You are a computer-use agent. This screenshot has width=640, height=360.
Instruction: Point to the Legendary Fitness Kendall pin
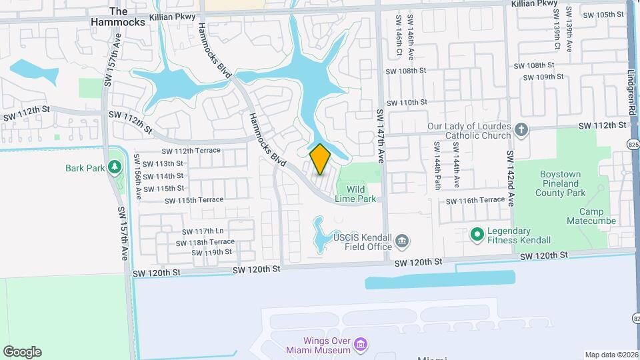pos(477,234)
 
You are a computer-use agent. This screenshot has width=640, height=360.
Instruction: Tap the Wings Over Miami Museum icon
pos(361,345)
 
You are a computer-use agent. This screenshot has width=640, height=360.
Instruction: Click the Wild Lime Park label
pos(361,194)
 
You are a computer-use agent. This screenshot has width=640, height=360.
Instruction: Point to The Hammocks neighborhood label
pos(118,17)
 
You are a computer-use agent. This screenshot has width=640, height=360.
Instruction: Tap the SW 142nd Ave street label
pos(510,178)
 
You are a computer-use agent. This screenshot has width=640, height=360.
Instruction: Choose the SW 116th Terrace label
pos(475,201)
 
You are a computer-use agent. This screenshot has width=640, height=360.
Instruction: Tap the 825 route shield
pos(633,144)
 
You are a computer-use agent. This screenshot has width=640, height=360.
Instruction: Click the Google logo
pos(22,352)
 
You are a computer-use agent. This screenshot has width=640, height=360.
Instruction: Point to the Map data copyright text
pos(611,355)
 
